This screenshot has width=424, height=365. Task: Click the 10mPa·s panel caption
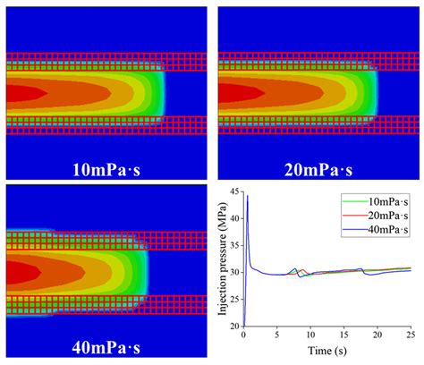(106, 166)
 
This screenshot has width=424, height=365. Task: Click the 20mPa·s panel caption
(317, 166)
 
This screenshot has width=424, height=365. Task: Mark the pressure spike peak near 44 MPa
(248, 196)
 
